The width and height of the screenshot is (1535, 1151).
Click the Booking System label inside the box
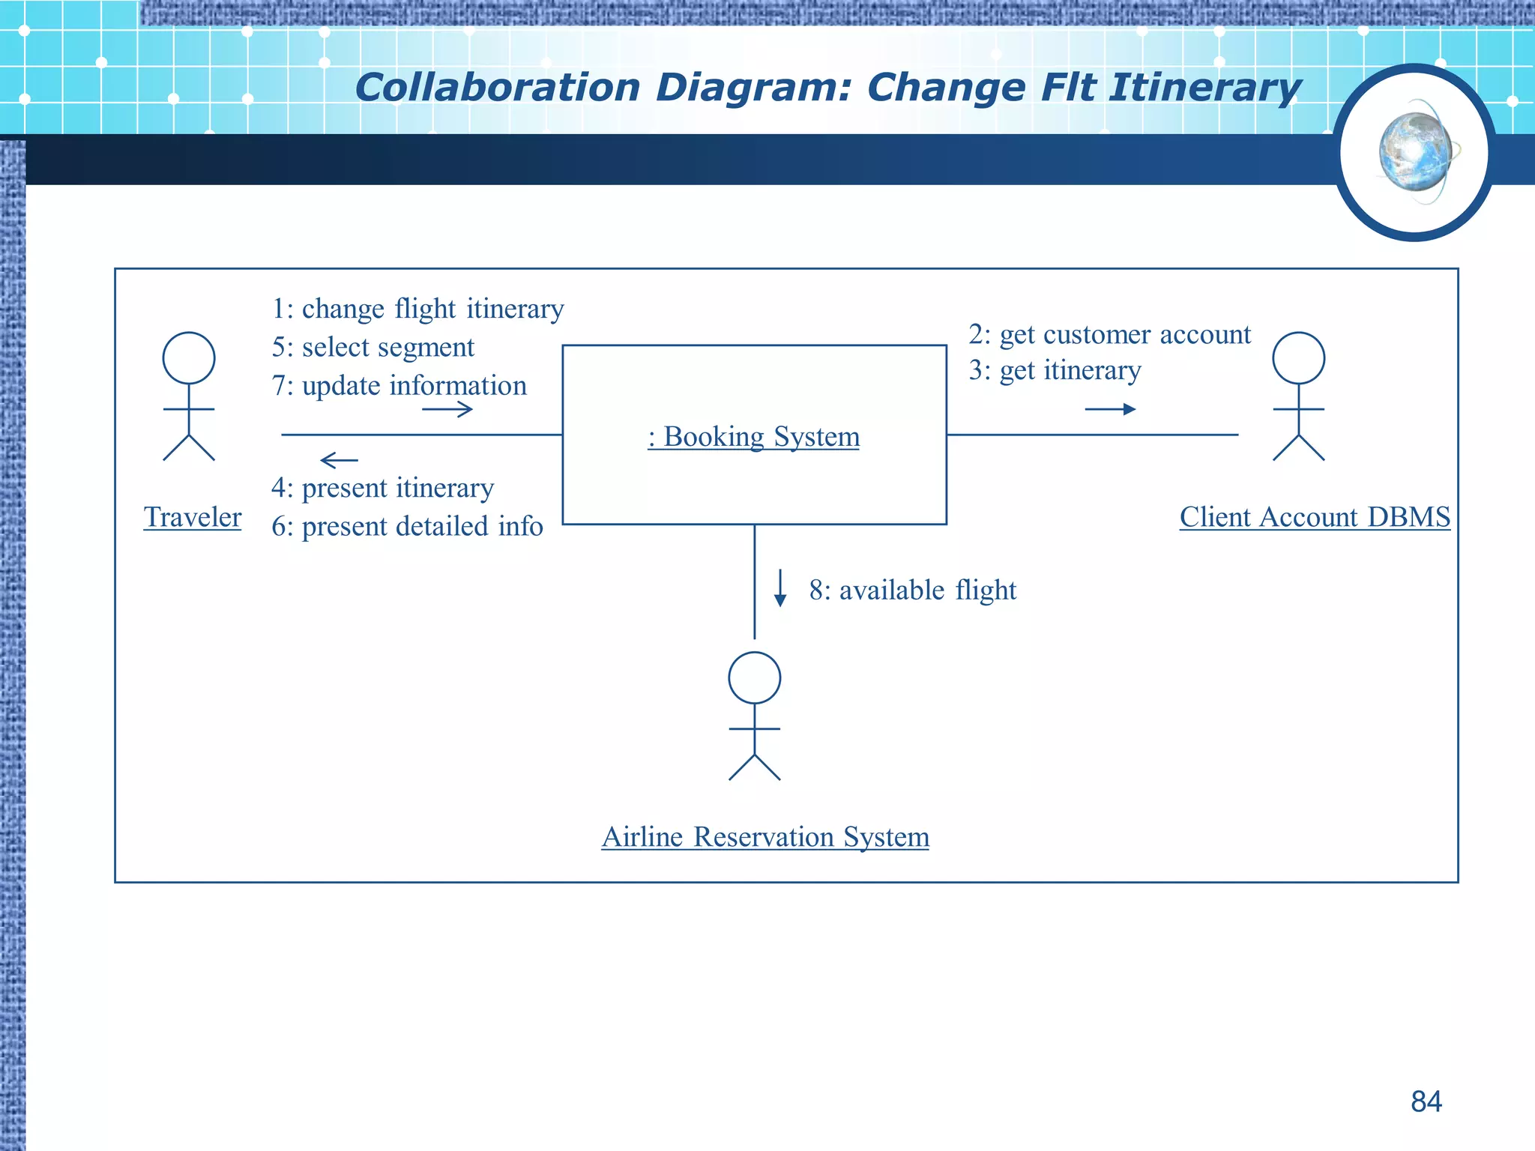click(x=753, y=436)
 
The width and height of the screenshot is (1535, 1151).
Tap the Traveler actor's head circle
click(x=189, y=358)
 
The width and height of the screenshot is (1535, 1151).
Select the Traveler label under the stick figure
click(x=193, y=517)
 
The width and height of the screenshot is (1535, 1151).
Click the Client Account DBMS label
click(x=1315, y=517)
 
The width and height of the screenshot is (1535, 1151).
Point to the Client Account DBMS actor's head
click(x=1298, y=358)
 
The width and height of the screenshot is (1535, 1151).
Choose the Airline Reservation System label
click(x=765, y=836)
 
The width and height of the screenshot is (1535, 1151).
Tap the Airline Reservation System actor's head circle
click(x=754, y=677)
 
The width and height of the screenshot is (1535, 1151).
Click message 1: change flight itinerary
click(x=417, y=309)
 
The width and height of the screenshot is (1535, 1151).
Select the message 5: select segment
click(x=373, y=347)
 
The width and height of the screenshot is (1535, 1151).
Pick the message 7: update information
click(x=399, y=385)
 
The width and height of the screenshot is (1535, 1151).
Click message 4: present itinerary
click(x=382, y=488)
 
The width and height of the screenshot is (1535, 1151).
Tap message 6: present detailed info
click(x=407, y=526)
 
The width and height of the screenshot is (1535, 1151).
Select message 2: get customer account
click(x=1109, y=334)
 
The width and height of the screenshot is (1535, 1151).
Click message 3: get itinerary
click(x=1055, y=370)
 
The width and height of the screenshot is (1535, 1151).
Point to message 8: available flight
click(x=912, y=590)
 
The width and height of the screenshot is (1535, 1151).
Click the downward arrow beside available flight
click(x=780, y=587)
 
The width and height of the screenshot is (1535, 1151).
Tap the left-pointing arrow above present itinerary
click(x=339, y=459)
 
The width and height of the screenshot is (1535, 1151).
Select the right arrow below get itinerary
click(x=1110, y=409)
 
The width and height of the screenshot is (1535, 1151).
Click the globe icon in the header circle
click(x=1414, y=152)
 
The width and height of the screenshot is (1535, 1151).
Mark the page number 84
click(x=1426, y=1102)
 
